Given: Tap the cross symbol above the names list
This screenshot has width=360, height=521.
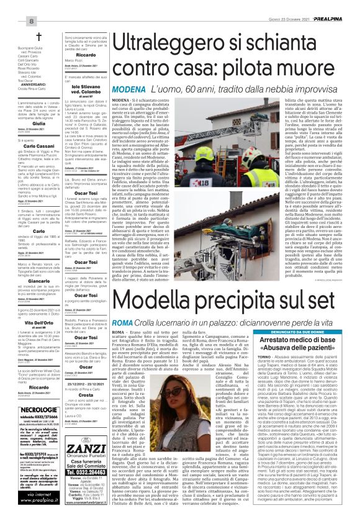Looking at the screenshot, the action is point(38,36).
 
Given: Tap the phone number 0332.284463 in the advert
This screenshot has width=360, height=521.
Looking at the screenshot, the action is point(94,456).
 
